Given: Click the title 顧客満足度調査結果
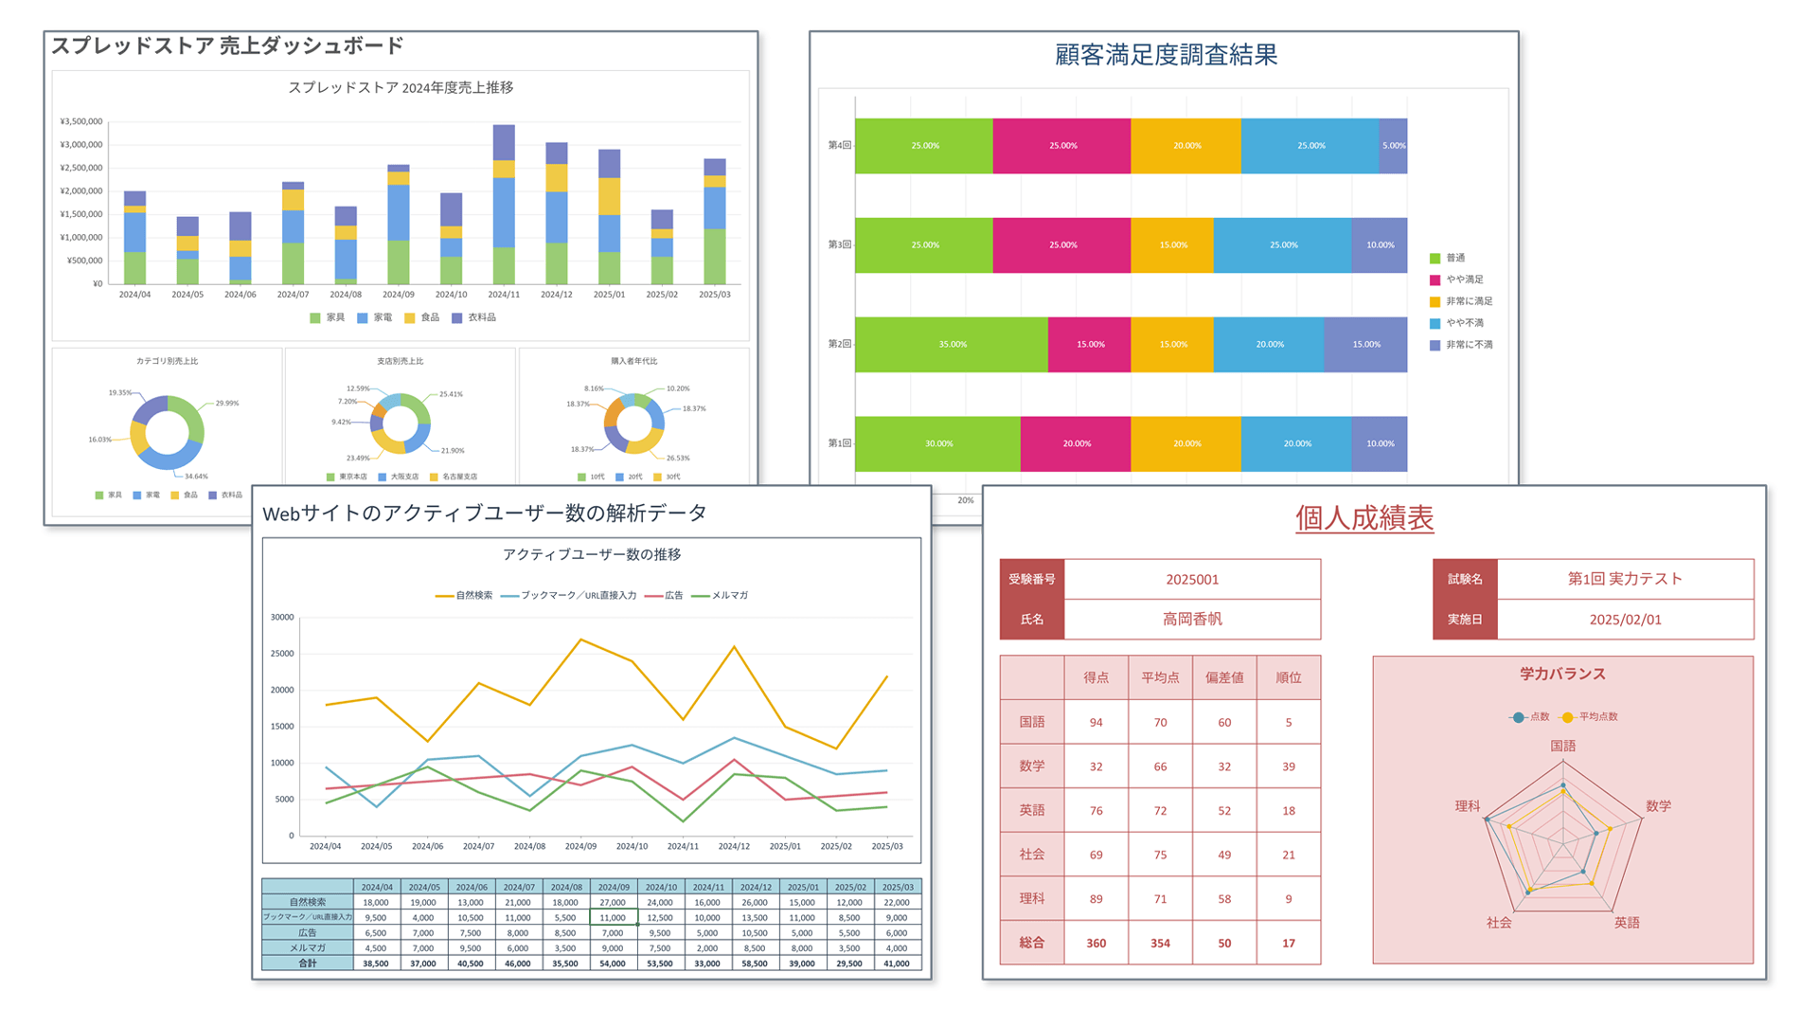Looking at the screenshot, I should (1166, 55).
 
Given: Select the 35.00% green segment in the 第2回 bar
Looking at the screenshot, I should (952, 344).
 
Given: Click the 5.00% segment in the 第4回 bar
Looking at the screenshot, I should (1393, 146).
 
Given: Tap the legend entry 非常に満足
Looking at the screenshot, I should (1469, 301).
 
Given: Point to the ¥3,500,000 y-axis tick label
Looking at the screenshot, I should (81, 121).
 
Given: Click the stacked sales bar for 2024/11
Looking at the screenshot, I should (504, 204).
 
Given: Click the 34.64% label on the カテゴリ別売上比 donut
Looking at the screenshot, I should (196, 477).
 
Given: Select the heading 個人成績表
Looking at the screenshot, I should (1363, 518).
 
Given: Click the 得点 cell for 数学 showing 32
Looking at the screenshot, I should (1096, 766).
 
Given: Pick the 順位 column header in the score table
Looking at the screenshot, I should (1288, 677).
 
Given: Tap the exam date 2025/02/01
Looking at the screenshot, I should (1625, 620).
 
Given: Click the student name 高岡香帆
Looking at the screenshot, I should (1192, 620).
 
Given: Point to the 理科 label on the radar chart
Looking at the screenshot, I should (1467, 806).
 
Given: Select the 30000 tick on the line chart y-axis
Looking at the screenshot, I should (282, 618).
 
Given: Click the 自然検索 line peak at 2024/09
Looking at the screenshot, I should (580, 640).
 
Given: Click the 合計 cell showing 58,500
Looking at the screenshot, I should (755, 964).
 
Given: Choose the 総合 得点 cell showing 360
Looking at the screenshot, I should (1096, 944).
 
